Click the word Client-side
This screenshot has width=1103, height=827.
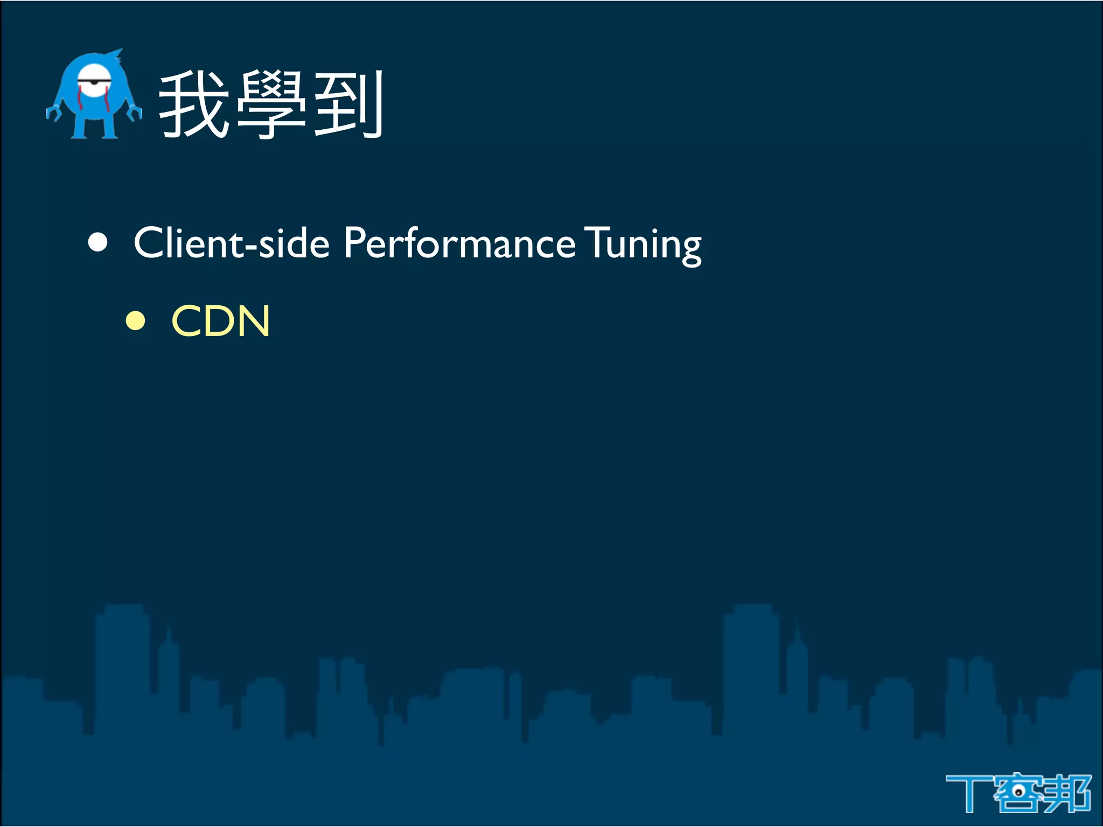(x=231, y=243)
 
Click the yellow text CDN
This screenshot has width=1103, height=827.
(x=220, y=321)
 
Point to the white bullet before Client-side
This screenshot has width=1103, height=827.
(x=98, y=242)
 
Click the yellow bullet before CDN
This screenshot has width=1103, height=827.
(x=135, y=321)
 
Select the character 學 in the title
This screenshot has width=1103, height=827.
(x=271, y=105)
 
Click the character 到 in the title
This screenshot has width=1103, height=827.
(x=348, y=105)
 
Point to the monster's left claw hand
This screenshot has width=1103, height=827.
(x=53, y=113)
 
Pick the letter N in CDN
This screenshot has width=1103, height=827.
(x=253, y=321)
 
